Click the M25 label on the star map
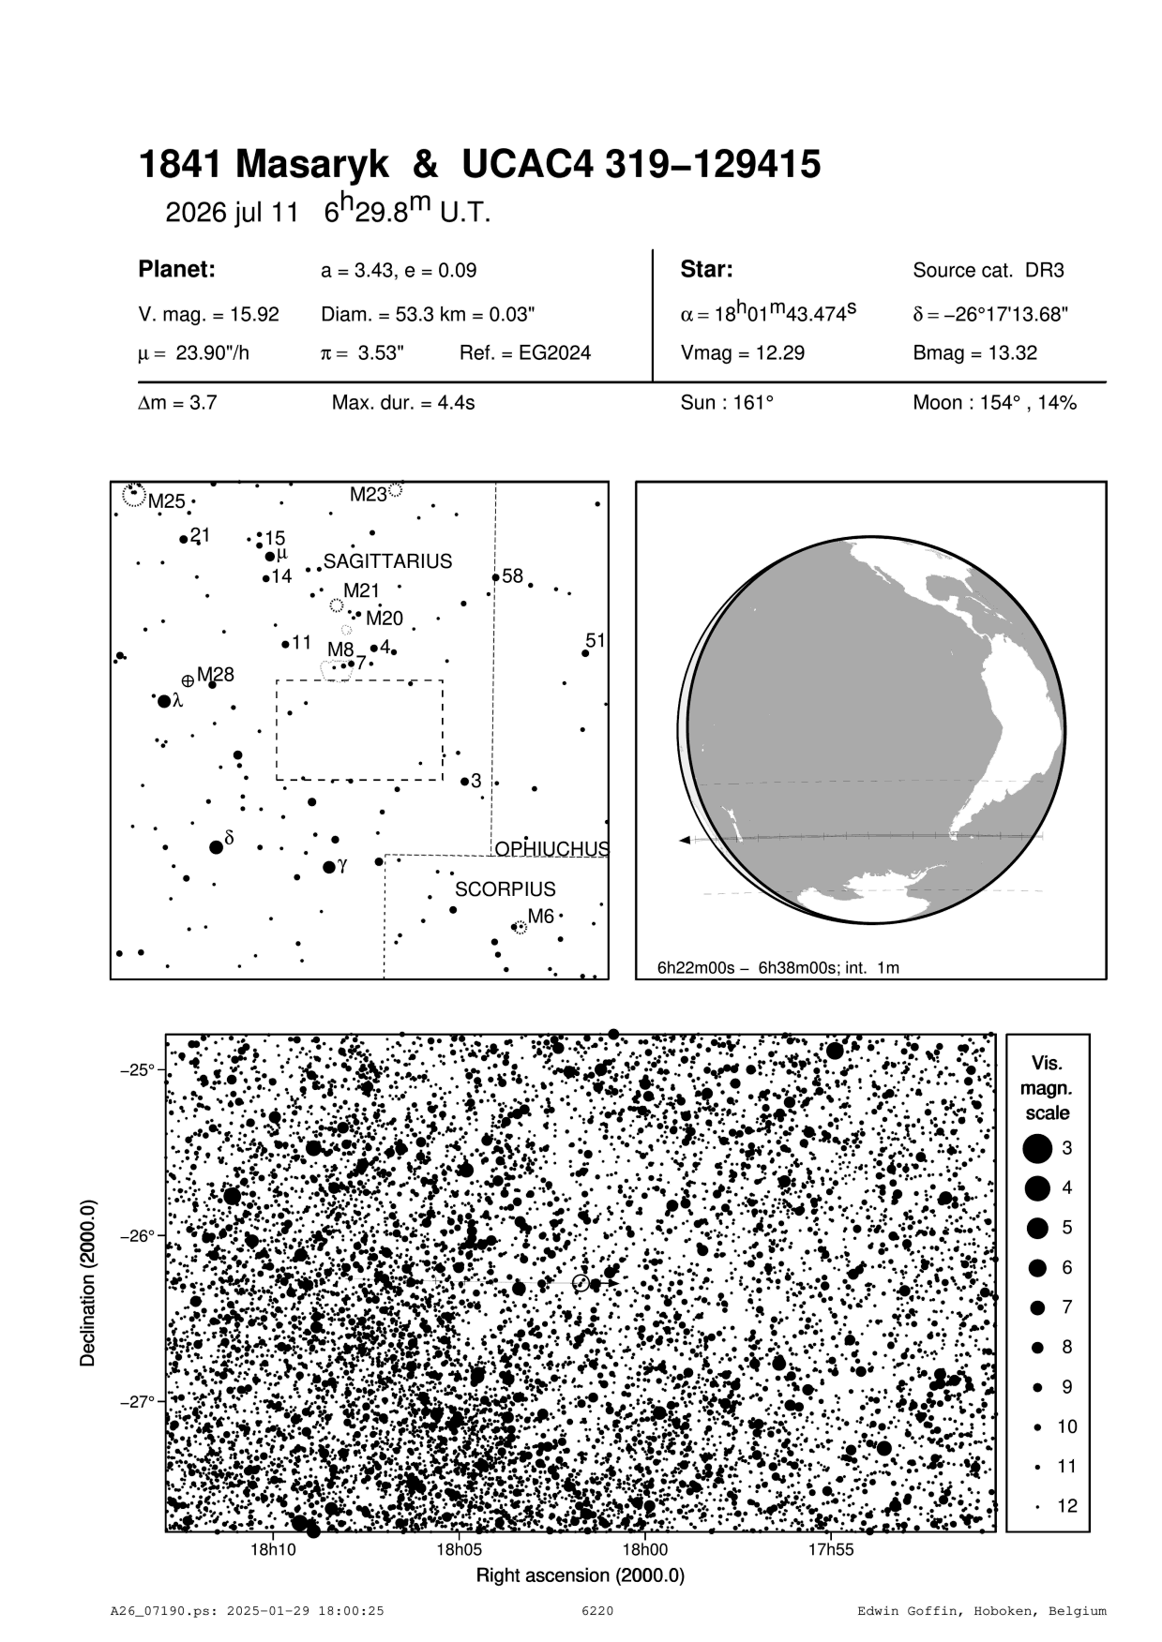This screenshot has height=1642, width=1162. pos(167,501)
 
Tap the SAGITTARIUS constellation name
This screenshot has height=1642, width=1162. pos(387,561)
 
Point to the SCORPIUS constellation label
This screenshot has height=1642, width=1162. pos(505,888)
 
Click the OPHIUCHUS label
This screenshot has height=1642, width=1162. pos(551,849)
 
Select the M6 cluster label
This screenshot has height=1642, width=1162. pos(541,917)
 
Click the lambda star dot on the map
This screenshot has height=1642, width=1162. pos(164,701)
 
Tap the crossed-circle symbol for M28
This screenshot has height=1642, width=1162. pos(188,680)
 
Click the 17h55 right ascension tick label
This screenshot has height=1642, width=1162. pos(831,1549)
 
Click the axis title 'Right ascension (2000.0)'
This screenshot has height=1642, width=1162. pos(581,1575)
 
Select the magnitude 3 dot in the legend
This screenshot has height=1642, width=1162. pos(1037,1148)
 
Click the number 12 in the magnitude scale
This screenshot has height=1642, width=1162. pos(1067,1506)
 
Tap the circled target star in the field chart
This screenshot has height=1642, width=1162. pos(581,1282)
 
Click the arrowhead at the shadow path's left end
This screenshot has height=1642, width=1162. pos(685,840)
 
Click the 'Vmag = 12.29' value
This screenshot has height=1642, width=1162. pos(742,354)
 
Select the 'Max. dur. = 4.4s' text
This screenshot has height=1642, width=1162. pos(403,404)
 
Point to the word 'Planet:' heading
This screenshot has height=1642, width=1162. pos(177,270)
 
